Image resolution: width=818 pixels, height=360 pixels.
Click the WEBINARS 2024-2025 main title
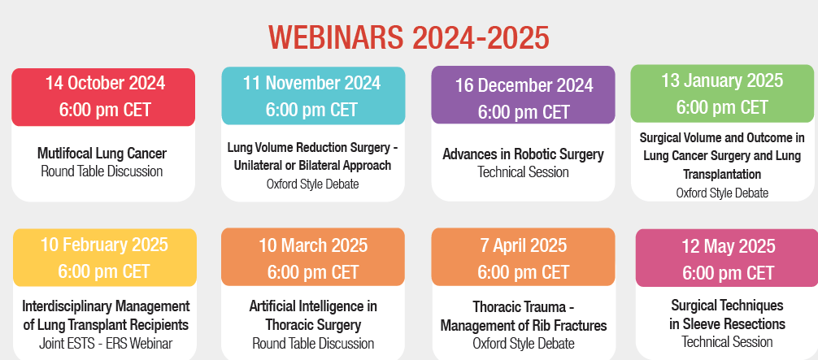(408, 38)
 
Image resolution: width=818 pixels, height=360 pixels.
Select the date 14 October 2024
(105, 83)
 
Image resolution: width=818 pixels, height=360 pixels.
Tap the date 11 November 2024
(312, 83)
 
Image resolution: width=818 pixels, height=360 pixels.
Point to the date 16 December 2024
(524, 85)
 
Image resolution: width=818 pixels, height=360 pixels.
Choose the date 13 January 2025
(722, 80)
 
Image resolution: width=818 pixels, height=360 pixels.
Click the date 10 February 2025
(104, 245)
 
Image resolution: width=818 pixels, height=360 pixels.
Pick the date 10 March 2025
(313, 245)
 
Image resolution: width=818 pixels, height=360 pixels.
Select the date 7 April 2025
(524, 245)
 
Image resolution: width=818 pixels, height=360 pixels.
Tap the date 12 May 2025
(729, 246)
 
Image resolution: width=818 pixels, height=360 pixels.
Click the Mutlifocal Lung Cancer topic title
(102, 154)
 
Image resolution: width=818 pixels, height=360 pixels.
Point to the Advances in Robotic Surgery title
(524, 154)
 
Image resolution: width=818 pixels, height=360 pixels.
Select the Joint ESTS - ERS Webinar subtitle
(106, 343)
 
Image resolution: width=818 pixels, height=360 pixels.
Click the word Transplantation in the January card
(722, 174)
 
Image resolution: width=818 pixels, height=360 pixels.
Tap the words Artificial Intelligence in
(313, 306)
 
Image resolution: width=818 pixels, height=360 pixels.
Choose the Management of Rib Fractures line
(524, 326)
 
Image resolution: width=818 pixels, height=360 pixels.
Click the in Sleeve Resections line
(727, 323)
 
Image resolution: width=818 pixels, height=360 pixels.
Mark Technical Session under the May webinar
(727, 342)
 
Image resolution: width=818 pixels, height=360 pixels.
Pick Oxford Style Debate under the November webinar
(312, 184)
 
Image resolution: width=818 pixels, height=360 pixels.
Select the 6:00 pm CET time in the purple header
(524, 112)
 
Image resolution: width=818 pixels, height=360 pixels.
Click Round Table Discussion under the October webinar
(102, 171)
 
